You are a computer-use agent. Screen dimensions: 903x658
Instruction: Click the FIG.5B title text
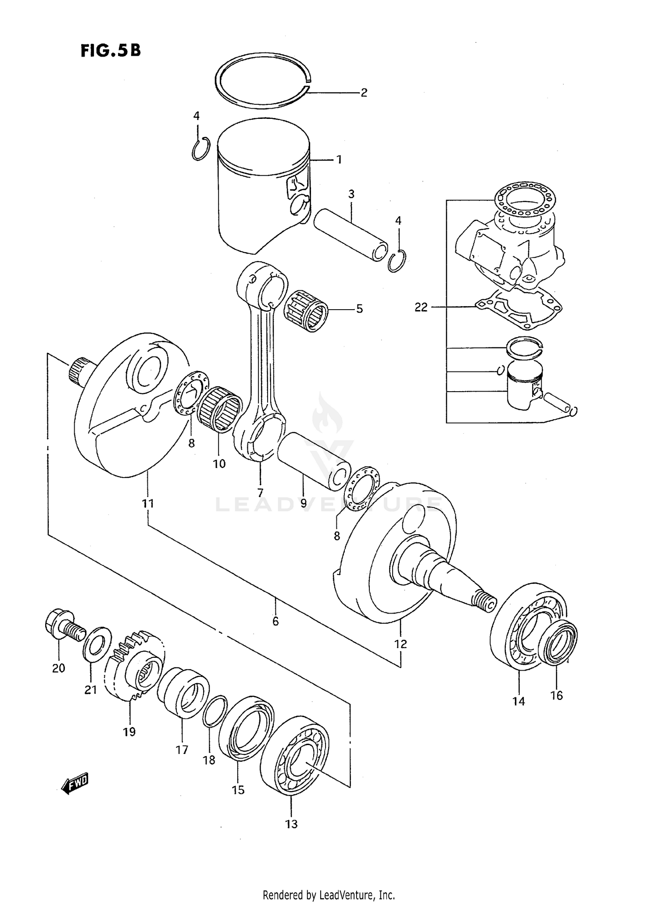[111, 51]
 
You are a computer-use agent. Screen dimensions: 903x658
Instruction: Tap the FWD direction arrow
[75, 783]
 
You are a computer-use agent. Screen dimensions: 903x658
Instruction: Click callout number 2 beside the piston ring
[364, 93]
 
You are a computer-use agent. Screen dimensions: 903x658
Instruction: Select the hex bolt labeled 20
[61, 625]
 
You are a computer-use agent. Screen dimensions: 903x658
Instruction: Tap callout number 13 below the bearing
[291, 824]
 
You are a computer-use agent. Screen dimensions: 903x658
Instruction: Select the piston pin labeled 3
[350, 236]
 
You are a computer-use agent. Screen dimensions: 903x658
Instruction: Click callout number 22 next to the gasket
[421, 307]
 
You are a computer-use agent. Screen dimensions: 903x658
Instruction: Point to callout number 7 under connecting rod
[260, 492]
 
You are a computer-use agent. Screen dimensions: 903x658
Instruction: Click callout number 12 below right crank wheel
[401, 644]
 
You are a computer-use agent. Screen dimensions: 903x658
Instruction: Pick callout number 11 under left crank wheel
[148, 503]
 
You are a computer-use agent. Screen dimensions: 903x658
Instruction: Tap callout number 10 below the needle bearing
[219, 464]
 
